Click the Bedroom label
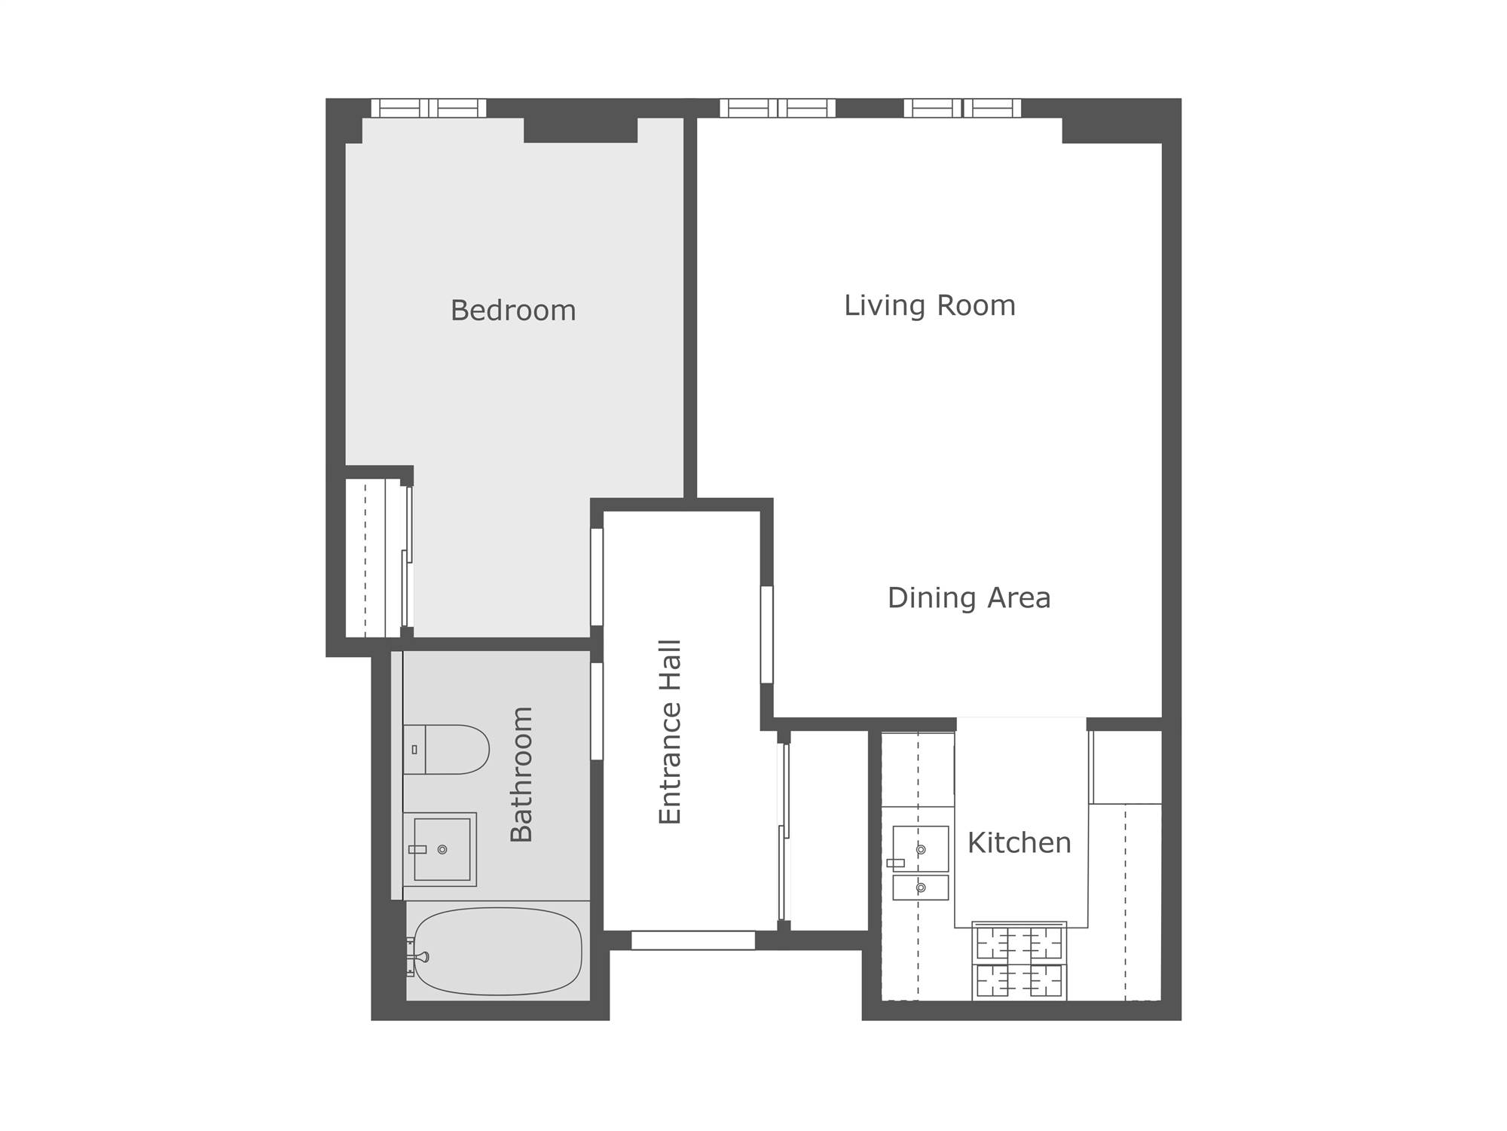(513, 310)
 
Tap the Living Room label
(930, 305)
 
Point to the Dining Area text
(969, 598)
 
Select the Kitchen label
(1019, 842)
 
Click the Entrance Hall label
(670, 732)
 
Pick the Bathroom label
(521, 774)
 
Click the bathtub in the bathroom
(498, 951)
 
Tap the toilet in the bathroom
(446, 750)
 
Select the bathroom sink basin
(442, 849)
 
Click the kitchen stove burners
(1019, 961)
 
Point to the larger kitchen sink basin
(921, 849)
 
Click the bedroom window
(429, 109)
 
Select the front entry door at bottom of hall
(693, 940)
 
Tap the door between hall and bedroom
(597, 576)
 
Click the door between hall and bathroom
(597, 711)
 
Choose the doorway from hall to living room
(767, 634)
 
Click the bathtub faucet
(419, 957)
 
